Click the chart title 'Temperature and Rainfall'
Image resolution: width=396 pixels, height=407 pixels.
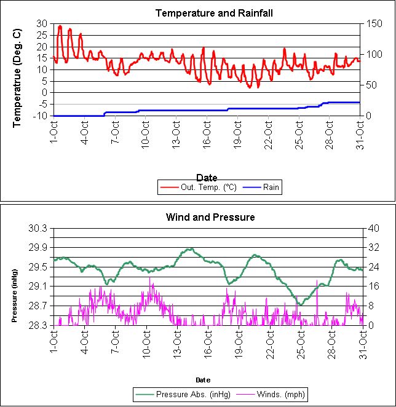coord(205,13)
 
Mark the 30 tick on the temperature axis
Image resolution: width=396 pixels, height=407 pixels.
coord(42,23)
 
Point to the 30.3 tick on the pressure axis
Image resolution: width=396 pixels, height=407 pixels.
coord(39,228)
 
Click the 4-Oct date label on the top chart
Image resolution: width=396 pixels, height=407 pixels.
coord(85,130)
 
